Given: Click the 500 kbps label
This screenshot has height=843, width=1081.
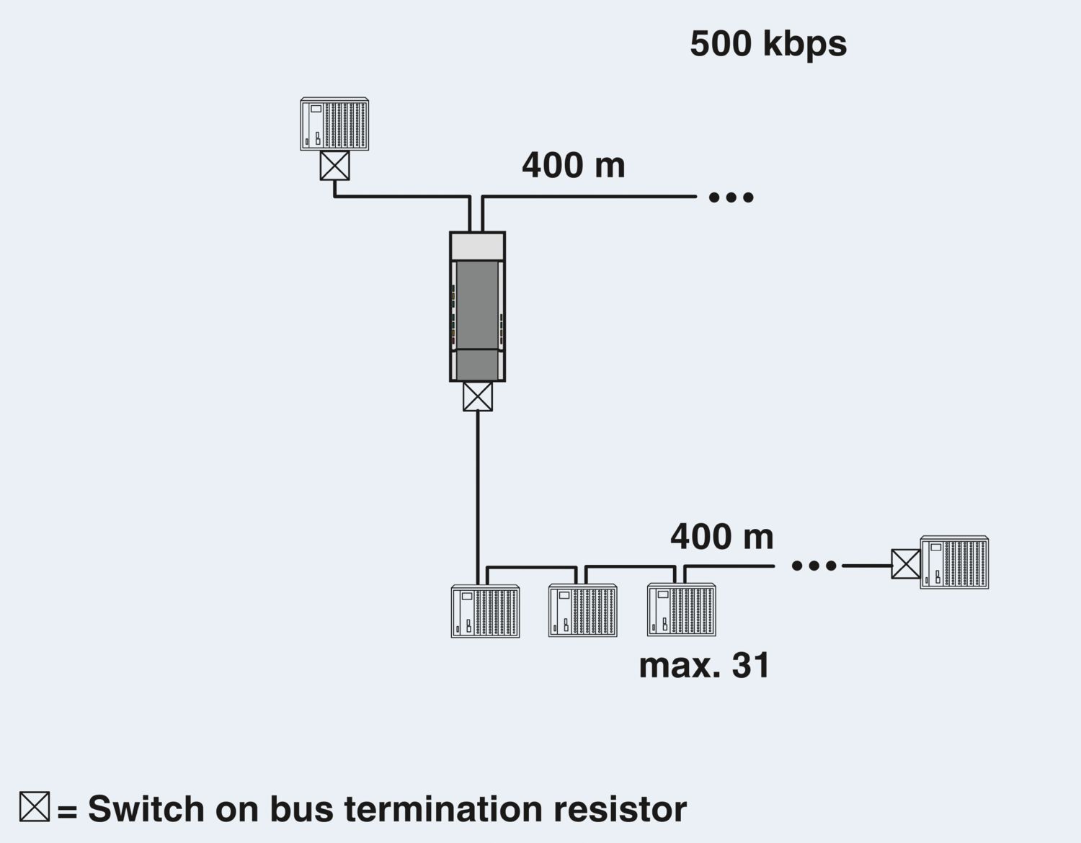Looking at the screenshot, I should [x=768, y=44].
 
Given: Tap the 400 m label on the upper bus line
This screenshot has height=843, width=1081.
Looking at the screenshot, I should [x=574, y=165].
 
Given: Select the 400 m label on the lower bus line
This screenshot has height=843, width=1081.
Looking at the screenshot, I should [x=721, y=537].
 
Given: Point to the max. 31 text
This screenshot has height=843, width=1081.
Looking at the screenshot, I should [x=704, y=665].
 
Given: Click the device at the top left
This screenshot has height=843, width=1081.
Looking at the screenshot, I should [x=334, y=124].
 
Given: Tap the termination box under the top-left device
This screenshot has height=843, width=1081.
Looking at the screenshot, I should [x=334, y=166].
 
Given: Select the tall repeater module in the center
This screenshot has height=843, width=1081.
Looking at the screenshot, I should [x=477, y=306].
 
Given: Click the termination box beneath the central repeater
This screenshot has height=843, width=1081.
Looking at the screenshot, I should [x=477, y=396].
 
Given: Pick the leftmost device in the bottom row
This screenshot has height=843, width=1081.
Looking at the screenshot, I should [x=485, y=611].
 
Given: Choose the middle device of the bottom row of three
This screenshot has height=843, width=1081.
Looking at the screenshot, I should [x=582, y=611].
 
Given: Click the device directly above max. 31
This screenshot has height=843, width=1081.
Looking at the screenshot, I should [x=681, y=611].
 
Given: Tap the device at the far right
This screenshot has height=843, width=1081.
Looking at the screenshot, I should [x=954, y=563].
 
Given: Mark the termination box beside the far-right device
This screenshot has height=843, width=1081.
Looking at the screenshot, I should [x=906, y=564].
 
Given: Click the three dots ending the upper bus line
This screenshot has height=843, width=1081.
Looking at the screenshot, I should [x=731, y=197].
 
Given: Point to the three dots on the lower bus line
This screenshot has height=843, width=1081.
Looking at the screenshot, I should [x=814, y=566].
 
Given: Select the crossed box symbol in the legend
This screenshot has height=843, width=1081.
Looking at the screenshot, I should [x=35, y=806].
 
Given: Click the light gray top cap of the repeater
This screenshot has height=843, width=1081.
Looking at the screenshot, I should [x=477, y=246].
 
